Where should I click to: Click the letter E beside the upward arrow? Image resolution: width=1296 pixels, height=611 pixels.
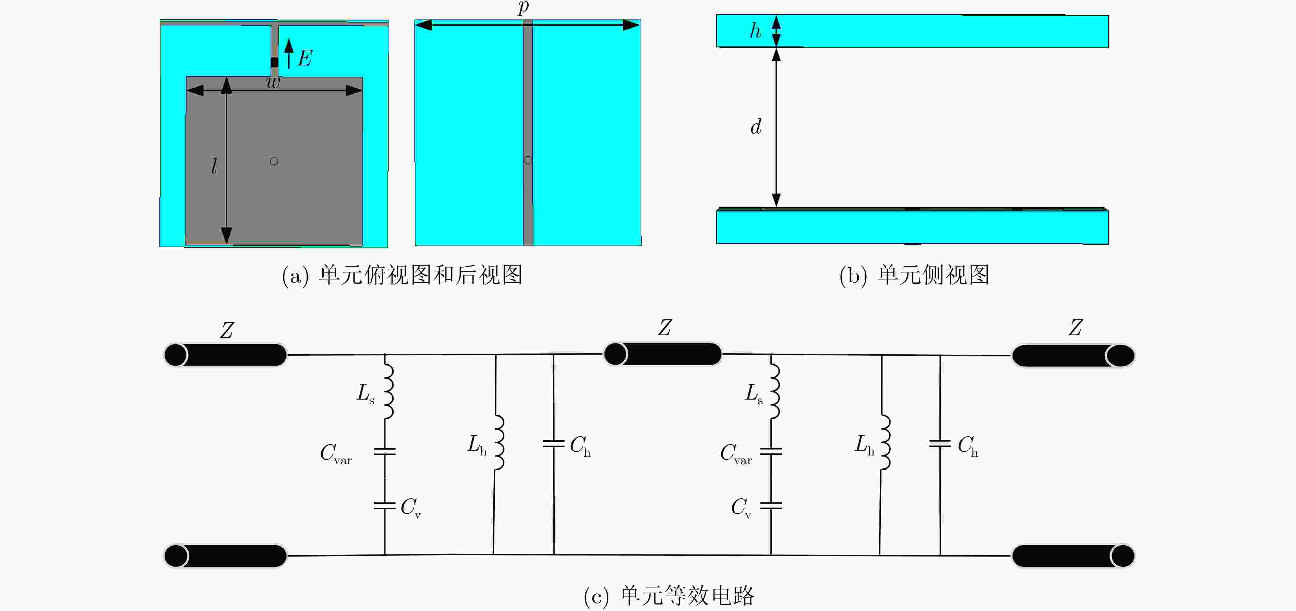(305, 58)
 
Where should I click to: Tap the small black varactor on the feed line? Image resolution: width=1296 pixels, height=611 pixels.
(274, 62)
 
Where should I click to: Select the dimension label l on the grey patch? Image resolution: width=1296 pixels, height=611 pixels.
(214, 166)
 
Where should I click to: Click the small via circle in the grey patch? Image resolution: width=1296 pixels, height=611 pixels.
(274, 161)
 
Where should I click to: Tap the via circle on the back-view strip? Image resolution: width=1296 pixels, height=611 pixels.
(528, 160)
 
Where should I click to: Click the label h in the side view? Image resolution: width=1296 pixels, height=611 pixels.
(755, 31)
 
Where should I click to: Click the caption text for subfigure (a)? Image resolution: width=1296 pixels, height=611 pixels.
(402, 275)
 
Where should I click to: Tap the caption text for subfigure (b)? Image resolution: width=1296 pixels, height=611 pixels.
(914, 275)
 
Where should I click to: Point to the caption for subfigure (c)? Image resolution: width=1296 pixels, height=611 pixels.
(669, 596)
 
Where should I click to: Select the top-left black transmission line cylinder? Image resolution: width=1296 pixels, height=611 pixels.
(225, 355)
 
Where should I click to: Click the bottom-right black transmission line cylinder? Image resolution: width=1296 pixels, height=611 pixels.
(1073, 556)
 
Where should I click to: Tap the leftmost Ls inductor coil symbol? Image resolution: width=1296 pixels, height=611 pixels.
(388, 391)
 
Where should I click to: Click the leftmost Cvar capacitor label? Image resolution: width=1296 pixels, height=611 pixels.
(336, 454)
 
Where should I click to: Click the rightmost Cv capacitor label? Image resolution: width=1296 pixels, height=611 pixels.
(741, 508)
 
